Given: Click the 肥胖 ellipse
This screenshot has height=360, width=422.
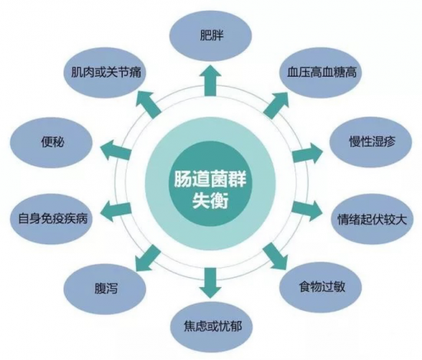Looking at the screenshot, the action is (x=211, y=36).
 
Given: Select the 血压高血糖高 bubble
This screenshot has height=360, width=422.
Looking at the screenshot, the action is (x=321, y=71).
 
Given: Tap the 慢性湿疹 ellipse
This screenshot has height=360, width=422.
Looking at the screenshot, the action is (x=371, y=142).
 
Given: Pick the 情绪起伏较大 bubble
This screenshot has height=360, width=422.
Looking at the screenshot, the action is (x=371, y=220).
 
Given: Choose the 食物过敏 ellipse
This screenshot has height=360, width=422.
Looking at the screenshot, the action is (x=321, y=287).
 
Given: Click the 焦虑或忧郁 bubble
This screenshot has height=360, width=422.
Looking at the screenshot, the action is (x=212, y=327).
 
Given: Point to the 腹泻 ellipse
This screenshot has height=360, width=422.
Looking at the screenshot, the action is (x=105, y=288).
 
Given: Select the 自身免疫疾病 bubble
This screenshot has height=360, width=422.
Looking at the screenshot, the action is (x=52, y=219).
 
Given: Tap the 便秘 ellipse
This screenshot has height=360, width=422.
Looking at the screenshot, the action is (x=51, y=142).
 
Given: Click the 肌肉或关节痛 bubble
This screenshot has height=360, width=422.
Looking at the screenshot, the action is (x=106, y=71).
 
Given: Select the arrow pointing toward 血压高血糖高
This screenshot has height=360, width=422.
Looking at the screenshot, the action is (x=276, y=104).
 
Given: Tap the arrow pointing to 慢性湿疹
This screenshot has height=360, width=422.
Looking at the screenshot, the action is (x=307, y=153).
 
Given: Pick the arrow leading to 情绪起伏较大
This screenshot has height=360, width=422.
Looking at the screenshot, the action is (x=307, y=210).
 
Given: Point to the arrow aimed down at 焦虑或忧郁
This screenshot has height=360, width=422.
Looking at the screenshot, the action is (x=210, y=283).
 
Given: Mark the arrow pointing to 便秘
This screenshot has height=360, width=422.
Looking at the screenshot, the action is (x=115, y=150).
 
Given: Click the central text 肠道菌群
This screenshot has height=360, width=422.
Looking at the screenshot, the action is (x=210, y=178).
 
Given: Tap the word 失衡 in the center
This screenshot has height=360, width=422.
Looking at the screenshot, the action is (x=210, y=200).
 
